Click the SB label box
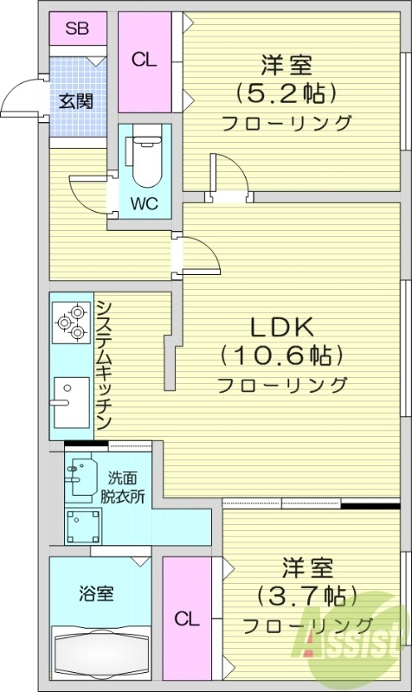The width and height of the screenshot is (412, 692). (77, 28)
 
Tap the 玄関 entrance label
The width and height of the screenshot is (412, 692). (76, 100)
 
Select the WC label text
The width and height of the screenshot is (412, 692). (144, 205)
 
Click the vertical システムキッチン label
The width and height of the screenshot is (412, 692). (102, 365)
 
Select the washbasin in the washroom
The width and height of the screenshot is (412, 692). (82, 477)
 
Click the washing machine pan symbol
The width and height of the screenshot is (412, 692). (83, 524)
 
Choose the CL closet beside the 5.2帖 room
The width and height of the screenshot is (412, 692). (144, 61)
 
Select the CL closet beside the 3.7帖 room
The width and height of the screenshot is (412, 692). (187, 619)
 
